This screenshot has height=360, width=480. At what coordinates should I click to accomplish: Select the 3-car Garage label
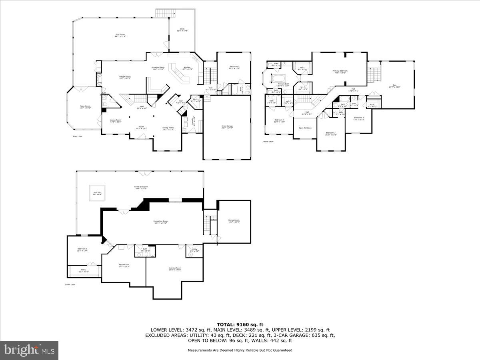227,127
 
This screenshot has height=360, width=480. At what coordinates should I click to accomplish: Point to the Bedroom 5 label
234,67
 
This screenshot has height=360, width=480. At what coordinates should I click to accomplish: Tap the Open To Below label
305,128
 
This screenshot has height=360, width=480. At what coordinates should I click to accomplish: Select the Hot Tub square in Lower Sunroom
97,193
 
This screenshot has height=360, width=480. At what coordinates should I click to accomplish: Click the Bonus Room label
234,221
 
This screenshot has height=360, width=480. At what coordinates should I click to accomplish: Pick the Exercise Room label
175,269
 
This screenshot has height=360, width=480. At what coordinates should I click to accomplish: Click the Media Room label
124,265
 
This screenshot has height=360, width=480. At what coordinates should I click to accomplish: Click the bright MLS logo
29,350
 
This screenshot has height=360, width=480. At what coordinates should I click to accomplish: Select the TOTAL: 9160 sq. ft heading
240,324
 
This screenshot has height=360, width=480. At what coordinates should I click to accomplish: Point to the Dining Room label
168,128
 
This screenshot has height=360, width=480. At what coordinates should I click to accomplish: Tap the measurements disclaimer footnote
240,350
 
